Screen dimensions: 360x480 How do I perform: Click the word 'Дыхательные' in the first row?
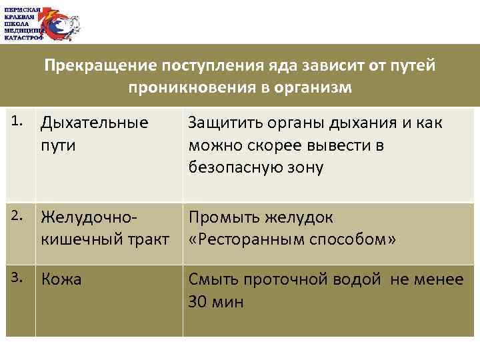(94, 123)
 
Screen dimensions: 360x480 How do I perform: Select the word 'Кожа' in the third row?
(61, 279)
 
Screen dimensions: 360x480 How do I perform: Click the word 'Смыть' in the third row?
(211, 279)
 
